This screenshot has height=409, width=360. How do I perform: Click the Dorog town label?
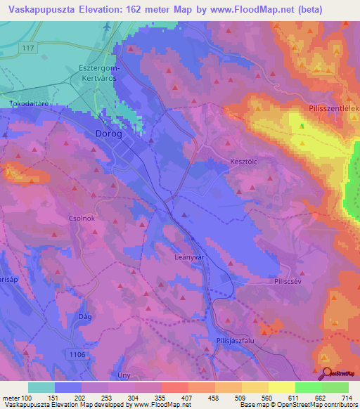tap(109, 132)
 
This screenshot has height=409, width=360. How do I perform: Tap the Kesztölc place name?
tap(245, 161)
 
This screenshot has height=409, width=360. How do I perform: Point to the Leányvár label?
tap(188, 257)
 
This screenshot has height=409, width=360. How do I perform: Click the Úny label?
tap(124, 376)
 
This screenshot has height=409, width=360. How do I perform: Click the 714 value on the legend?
tap(346, 397)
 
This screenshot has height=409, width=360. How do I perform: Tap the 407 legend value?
tap(188, 397)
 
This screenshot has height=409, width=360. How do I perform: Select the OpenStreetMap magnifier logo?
tap(328, 373)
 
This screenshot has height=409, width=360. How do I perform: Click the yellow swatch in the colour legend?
tap(281, 387)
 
